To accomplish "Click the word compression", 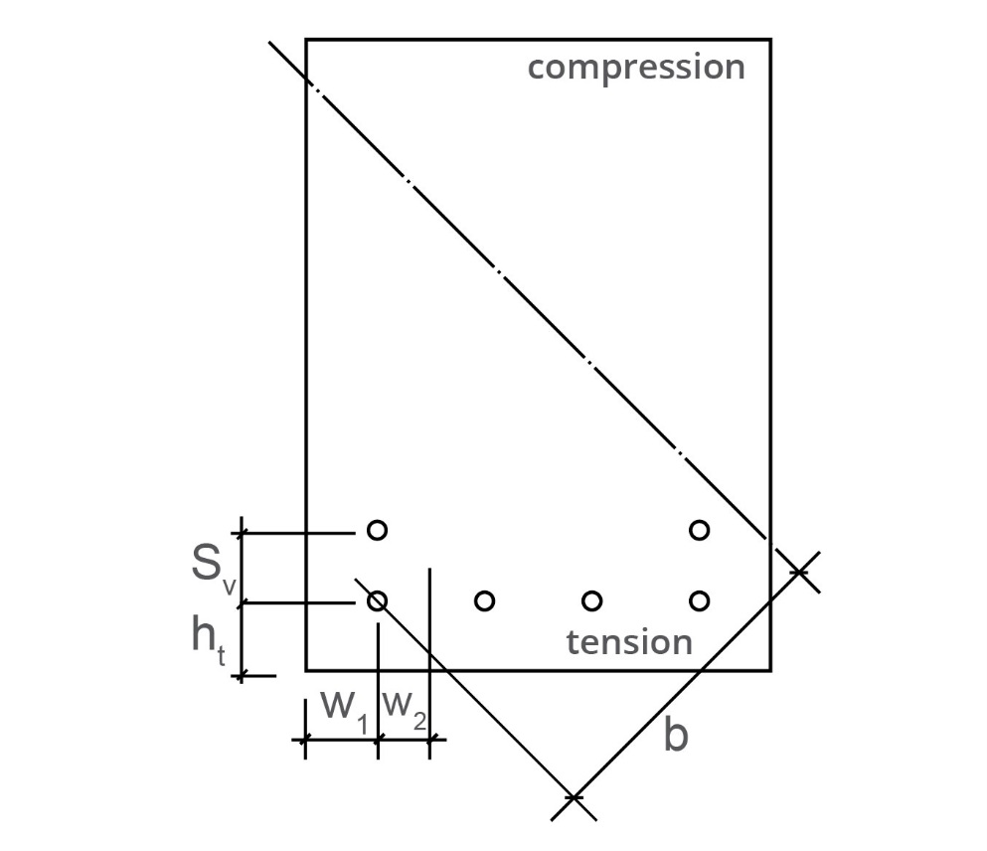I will (x=636, y=69).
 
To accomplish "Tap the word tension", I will (x=629, y=642).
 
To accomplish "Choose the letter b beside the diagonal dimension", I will (x=675, y=736).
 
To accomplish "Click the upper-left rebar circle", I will (x=377, y=530).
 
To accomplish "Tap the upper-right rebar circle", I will (x=699, y=530).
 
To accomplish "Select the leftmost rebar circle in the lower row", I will (x=377, y=600).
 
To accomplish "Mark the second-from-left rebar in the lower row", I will (x=485, y=600).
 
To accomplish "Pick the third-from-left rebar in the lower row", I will (x=592, y=600).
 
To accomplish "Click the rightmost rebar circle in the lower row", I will (x=699, y=600).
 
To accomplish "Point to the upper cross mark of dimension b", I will (x=798, y=571).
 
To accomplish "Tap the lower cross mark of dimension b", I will (x=574, y=797).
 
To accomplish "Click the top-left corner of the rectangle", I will (x=306, y=40).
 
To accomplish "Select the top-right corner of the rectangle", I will (x=770, y=40).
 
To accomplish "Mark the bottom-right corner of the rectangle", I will (x=770, y=669).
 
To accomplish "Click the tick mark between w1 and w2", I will (x=378, y=739).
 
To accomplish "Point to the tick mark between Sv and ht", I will (x=243, y=602).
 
